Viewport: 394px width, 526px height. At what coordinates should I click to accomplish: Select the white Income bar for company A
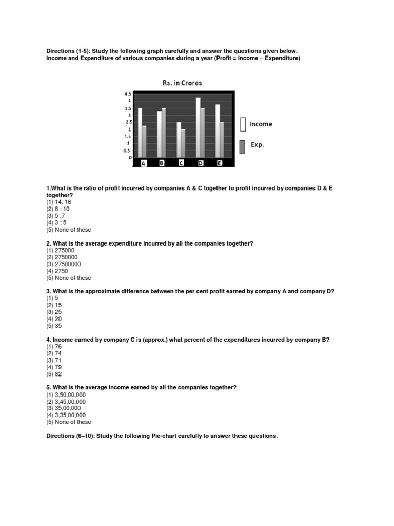(140, 133)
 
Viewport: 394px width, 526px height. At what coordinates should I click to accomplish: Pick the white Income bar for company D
(198, 127)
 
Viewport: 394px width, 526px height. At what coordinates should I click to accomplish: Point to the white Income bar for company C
(179, 139)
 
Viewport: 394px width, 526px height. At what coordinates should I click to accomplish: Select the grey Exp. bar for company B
(164, 133)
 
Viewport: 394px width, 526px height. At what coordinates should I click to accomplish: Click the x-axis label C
(182, 163)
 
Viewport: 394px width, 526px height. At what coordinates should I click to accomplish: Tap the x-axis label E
(220, 163)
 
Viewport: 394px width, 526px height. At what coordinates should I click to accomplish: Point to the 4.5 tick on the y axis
(128, 94)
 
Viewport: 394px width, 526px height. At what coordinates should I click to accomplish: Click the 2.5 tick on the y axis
(128, 122)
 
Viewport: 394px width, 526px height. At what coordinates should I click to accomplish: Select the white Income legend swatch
(243, 124)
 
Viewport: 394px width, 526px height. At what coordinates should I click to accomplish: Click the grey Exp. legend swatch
(243, 146)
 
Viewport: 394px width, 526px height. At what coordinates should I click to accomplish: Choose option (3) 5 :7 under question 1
(56, 216)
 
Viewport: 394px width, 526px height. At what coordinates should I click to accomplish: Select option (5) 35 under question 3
(54, 326)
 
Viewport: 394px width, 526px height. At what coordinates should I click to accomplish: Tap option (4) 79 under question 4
(54, 367)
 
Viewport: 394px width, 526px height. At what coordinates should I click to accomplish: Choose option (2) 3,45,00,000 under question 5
(66, 401)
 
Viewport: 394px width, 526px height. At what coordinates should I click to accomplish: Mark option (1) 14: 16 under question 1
(59, 202)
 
